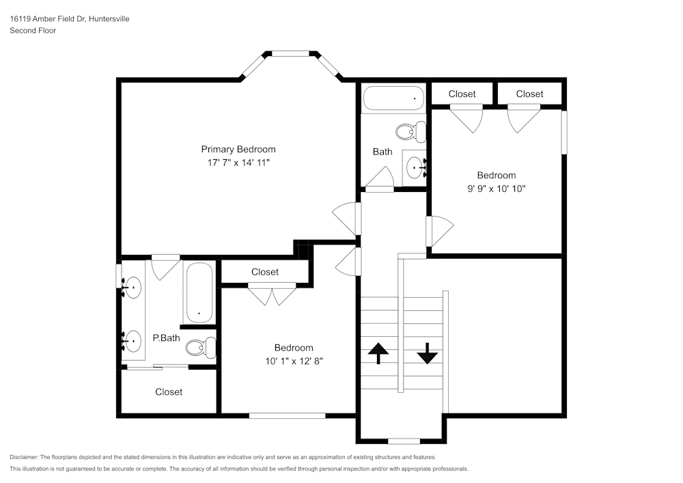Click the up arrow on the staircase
(378, 353)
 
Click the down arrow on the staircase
(427, 353)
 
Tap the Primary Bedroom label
(238, 149)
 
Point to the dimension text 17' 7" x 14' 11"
(238, 163)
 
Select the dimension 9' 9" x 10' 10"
(496, 189)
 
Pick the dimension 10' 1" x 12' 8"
(294, 361)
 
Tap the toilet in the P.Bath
(199, 348)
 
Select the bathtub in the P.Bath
(199, 292)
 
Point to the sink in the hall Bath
(414, 165)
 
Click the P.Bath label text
(165, 337)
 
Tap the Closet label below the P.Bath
(169, 391)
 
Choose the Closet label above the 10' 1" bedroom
(265, 272)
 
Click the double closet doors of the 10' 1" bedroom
(272, 295)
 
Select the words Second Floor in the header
(33, 31)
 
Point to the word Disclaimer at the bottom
(24, 457)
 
